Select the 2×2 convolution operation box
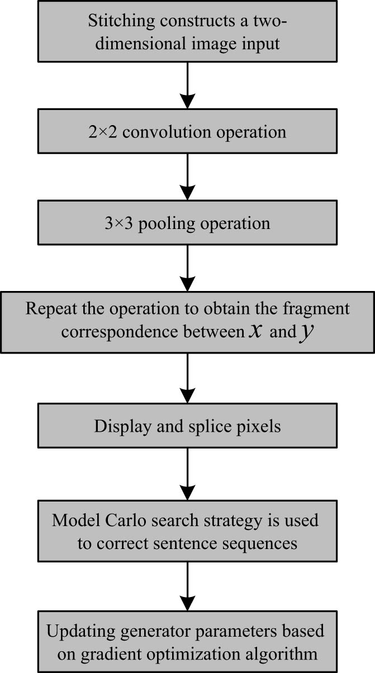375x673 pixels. coord(188,133)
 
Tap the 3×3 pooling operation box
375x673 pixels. coord(188,223)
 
